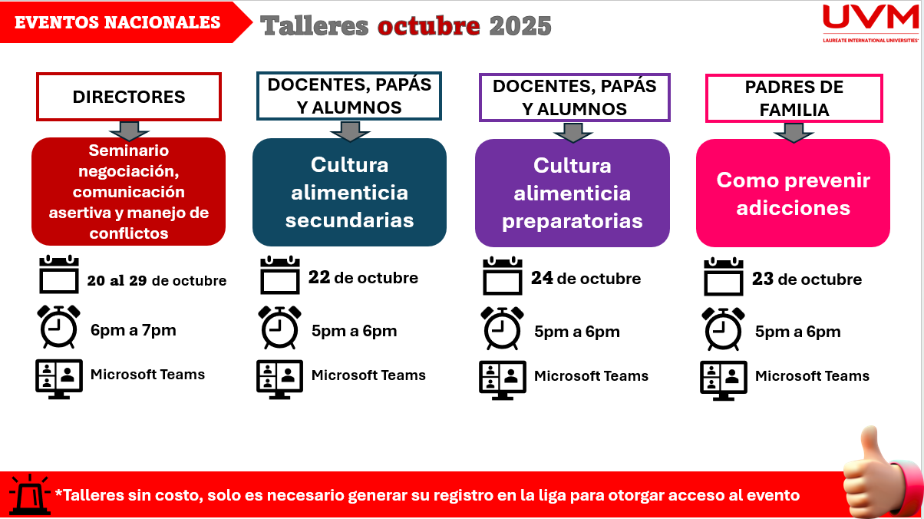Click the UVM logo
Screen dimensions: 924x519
point(870,23)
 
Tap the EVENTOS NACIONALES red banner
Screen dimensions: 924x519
point(124,22)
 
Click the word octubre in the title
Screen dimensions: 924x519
point(429,25)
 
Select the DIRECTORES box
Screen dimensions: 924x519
point(129,97)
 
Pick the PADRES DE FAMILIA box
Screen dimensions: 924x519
point(794,98)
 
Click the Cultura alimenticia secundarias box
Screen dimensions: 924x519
point(349,192)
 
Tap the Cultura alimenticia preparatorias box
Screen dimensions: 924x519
point(573,193)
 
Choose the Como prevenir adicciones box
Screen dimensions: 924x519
point(793,193)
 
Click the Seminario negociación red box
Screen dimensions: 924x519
point(129,191)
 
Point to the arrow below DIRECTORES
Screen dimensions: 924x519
point(129,131)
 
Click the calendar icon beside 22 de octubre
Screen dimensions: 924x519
point(280,275)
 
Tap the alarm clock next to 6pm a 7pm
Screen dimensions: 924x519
point(58,327)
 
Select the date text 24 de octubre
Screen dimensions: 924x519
point(586,279)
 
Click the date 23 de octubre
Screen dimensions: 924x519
point(807,279)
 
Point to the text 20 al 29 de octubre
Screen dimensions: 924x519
point(157,280)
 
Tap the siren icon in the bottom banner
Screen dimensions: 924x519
point(30,495)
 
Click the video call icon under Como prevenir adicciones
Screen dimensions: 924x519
point(724,380)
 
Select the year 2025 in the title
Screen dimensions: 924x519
point(520,25)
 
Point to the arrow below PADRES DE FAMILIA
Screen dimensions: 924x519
point(794,133)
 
